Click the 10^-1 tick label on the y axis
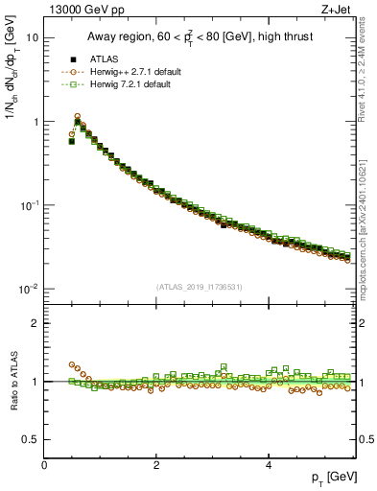tap(29, 205)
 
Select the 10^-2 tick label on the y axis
tap(29, 290)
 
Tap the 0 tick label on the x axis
tap(44, 465)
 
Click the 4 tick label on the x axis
tap(268, 465)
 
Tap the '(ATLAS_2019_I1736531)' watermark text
tap(200, 287)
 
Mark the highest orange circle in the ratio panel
tap(72, 364)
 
